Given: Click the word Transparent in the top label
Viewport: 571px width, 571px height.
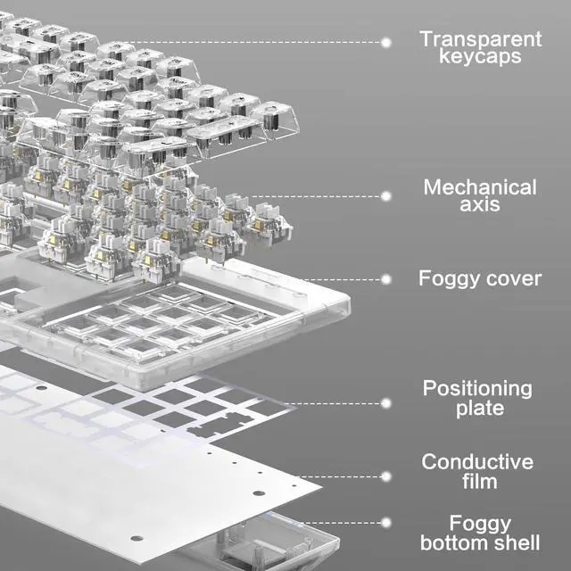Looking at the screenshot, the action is [x=480, y=38].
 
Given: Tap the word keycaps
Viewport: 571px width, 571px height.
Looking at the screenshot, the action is [x=480, y=57].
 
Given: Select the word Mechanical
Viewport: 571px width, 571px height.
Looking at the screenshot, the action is [x=480, y=187].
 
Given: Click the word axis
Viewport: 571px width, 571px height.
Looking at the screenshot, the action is [x=480, y=205].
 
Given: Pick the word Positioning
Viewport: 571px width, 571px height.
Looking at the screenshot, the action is [x=476, y=389].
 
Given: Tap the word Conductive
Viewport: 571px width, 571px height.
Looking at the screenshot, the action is [x=477, y=462].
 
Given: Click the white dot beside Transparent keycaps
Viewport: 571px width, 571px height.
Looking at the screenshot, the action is [x=386, y=41].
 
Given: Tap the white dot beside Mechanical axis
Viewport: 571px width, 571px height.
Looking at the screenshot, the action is [x=386, y=195].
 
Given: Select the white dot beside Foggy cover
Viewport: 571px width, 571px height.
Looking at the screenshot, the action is [x=386, y=278].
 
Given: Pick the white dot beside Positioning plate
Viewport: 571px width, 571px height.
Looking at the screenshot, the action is [x=386, y=402].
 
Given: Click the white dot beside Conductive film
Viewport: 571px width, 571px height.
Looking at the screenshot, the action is [x=386, y=476].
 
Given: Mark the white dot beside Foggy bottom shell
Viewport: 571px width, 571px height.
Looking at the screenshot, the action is [x=386, y=522].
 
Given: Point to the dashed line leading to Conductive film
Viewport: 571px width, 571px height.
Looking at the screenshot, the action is [x=348, y=476].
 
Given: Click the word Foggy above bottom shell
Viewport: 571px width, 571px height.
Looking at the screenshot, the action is [x=480, y=523].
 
